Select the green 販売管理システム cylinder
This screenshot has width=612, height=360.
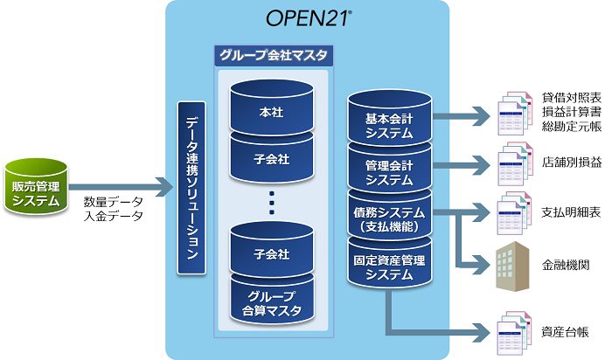click(x=37, y=188)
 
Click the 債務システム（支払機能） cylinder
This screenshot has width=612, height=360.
click(x=389, y=219)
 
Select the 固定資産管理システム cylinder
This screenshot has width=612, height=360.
click(x=389, y=267)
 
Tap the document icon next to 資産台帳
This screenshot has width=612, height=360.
click(x=511, y=332)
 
